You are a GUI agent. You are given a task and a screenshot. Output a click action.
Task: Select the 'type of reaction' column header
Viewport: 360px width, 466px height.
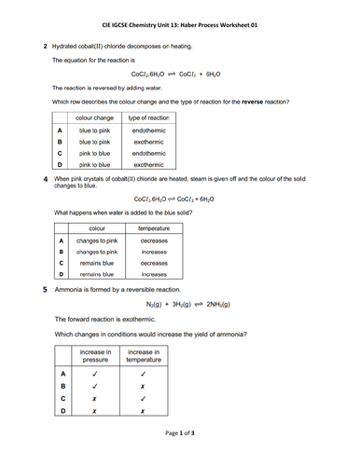(147, 118)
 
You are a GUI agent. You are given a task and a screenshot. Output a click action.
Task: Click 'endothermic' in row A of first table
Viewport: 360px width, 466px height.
(147, 131)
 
